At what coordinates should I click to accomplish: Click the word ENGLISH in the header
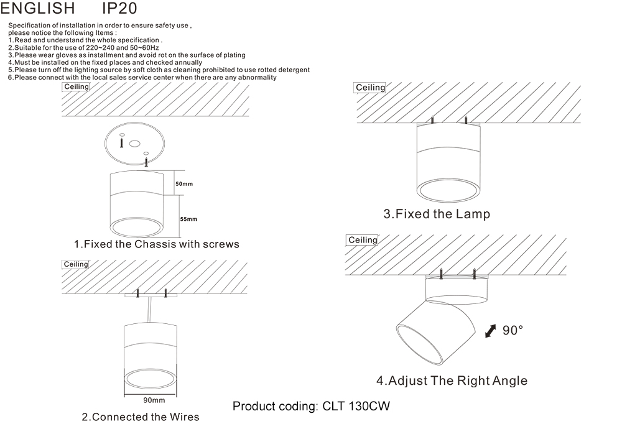pyautogui.click(x=38, y=9)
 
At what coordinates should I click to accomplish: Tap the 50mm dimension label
pyautogui.click(x=184, y=184)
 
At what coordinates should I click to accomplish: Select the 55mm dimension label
pyautogui.click(x=188, y=219)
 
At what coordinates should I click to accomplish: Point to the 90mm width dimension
pyautogui.click(x=154, y=400)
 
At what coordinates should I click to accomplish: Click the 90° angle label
pyautogui.click(x=513, y=331)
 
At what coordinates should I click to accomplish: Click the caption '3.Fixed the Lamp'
pyautogui.click(x=436, y=214)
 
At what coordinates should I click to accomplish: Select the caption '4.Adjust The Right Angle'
pyautogui.click(x=452, y=381)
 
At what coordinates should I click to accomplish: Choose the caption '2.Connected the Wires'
pyautogui.click(x=141, y=417)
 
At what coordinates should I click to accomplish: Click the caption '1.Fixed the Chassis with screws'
pyautogui.click(x=156, y=244)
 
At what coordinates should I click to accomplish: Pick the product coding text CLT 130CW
pyautogui.click(x=311, y=407)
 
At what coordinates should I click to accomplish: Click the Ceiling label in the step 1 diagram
pyautogui.click(x=77, y=87)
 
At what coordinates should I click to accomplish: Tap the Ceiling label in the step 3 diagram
pyautogui.click(x=370, y=88)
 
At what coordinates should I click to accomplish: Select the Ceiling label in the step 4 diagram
pyautogui.click(x=363, y=240)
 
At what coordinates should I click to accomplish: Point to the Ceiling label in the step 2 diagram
pyautogui.click(x=77, y=264)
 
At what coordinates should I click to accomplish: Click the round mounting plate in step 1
pyautogui.click(x=134, y=144)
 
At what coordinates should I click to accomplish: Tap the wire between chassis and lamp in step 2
pyautogui.click(x=150, y=310)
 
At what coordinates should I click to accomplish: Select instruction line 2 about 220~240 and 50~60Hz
pyautogui.click(x=84, y=48)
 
